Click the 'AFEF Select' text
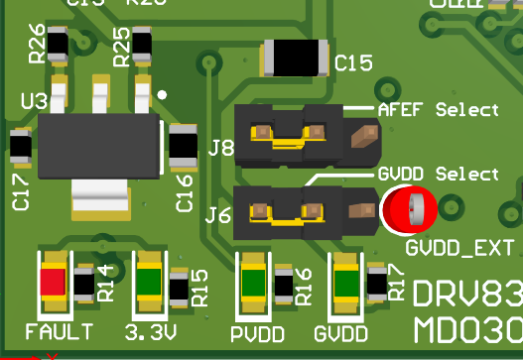point(438,109)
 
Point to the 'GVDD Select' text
point(438,174)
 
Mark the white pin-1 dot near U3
point(162,95)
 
